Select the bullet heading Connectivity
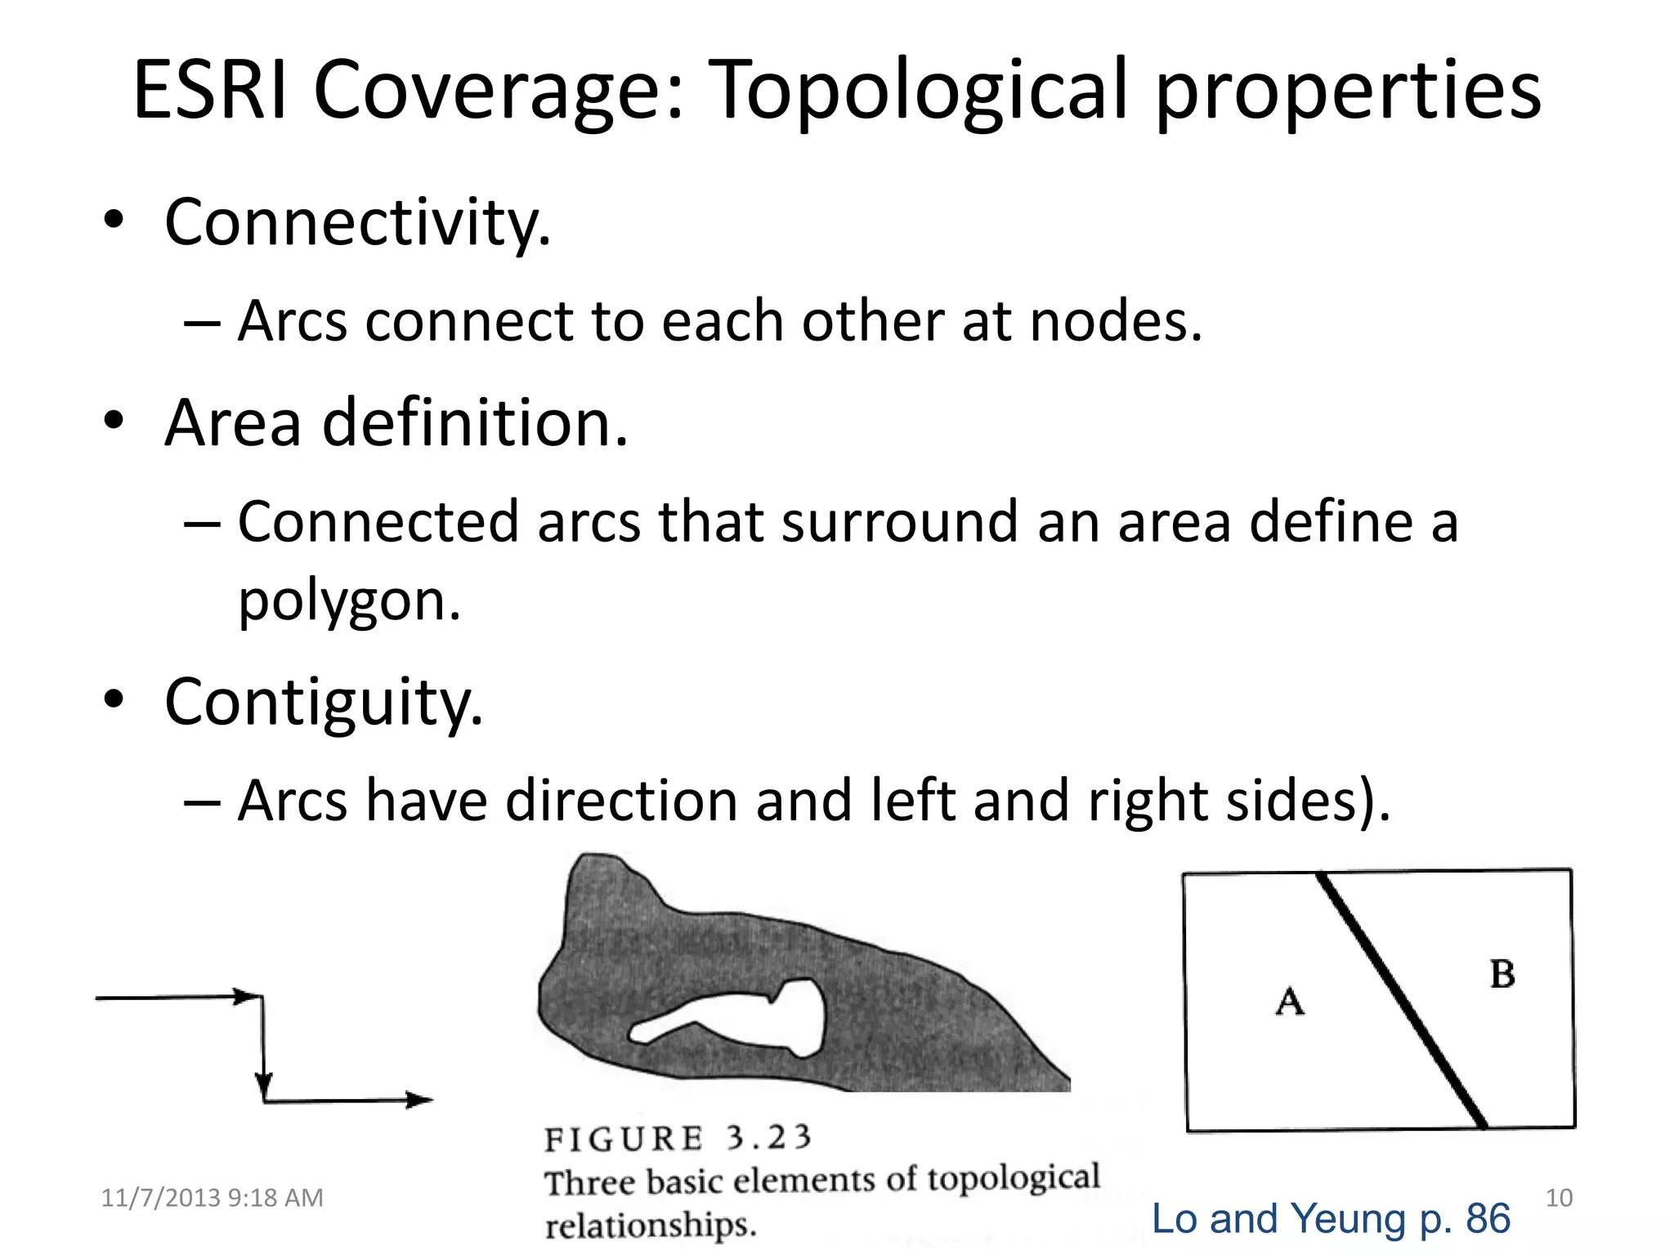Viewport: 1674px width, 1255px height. (358, 222)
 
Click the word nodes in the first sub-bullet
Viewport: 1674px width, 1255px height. (1115, 321)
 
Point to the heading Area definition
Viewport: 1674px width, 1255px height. (396, 423)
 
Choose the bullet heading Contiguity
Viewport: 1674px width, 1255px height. (324, 703)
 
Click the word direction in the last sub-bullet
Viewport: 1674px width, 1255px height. (621, 801)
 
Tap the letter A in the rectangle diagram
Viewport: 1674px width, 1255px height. (1290, 1001)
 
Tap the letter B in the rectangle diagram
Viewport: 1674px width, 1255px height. (1502, 975)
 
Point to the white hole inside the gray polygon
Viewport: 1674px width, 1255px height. (797, 1017)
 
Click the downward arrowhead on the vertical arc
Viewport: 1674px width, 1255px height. (263, 1085)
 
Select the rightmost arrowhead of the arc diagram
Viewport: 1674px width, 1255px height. (420, 1101)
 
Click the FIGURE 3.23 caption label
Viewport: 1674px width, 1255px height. (678, 1138)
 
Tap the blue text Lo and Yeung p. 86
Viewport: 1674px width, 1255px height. (1331, 1218)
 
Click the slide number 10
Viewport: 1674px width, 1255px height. (1559, 1198)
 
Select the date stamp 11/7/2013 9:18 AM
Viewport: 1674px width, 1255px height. (212, 1198)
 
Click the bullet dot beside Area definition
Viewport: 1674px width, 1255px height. (114, 422)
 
